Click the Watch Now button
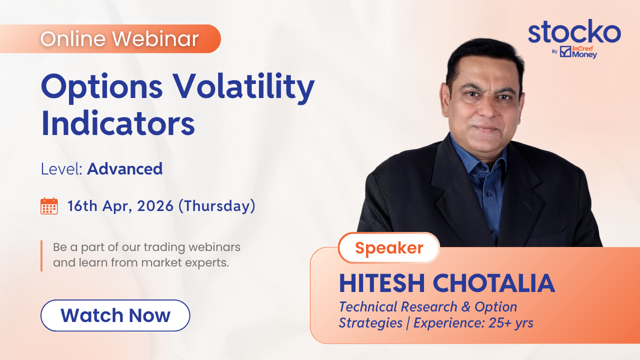coord(115,315)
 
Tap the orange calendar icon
coord(49,206)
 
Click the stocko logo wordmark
coord(574,31)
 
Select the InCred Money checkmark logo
coord(565,51)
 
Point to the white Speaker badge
coord(389,247)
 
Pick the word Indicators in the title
coord(118,123)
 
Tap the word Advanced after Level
coord(125,168)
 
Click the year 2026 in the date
coord(155,206)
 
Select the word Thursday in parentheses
coord(217,205)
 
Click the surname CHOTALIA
coord(494,283)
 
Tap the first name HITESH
coord(382,283)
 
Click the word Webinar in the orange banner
coord(155,38)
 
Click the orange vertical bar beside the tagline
coord(41,255)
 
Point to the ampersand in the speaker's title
coord(465,307)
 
